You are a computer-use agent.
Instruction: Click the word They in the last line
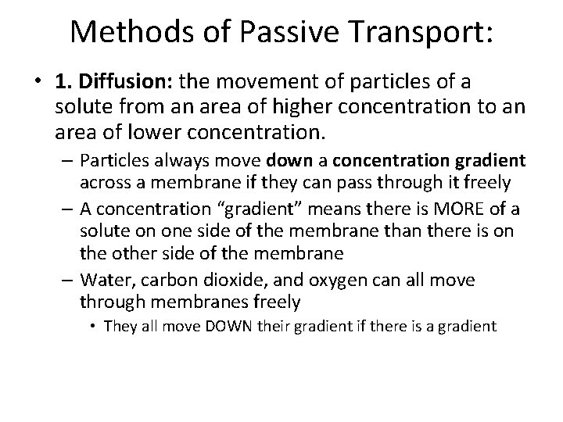(x=119, y=326)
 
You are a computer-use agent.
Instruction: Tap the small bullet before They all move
(x=94, y=327)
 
